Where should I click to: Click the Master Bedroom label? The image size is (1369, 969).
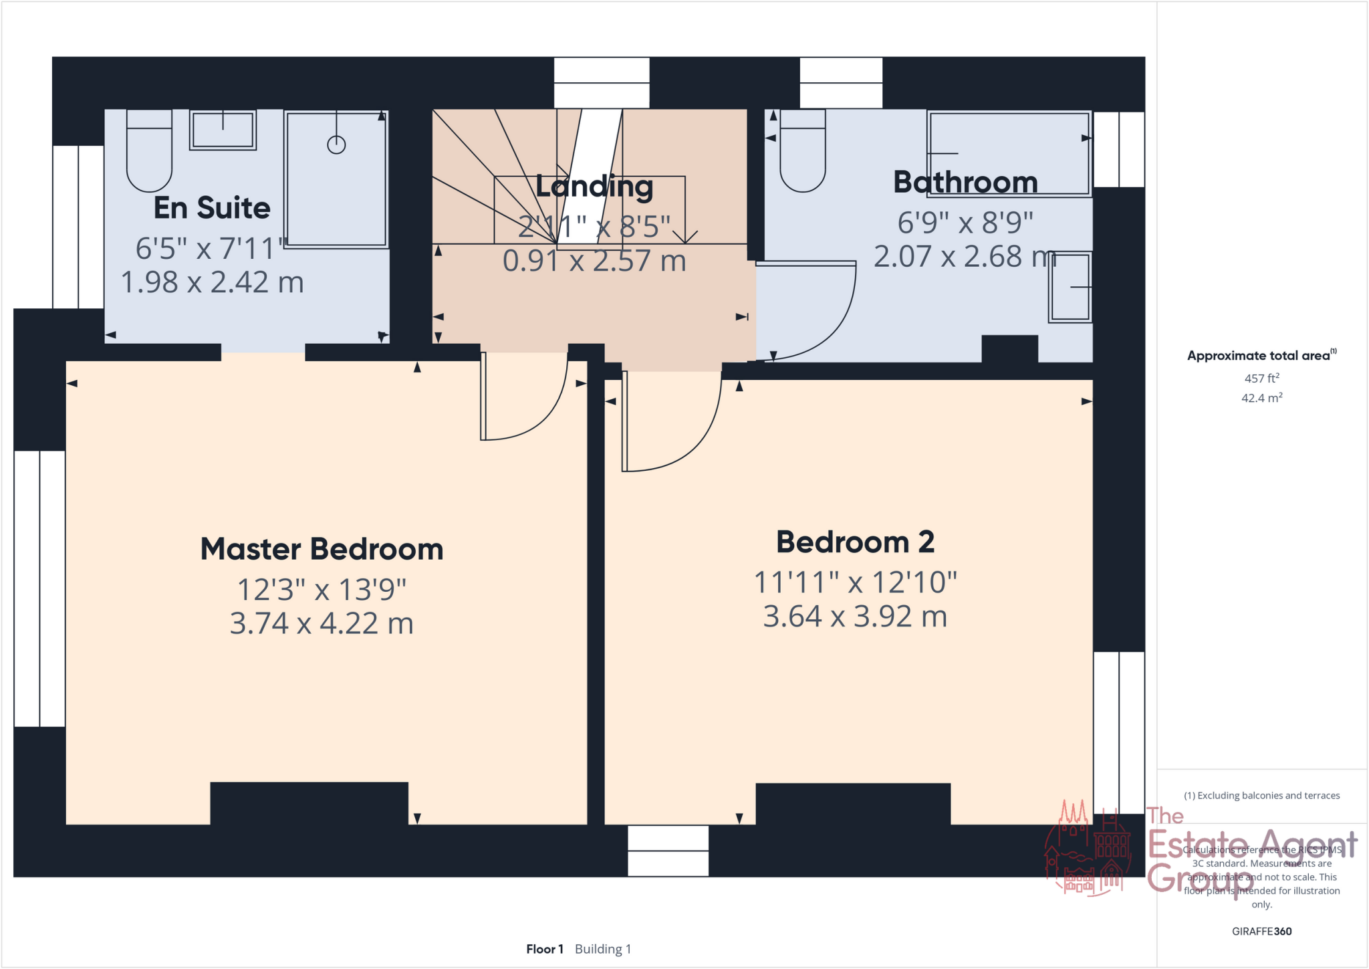click(x=322, y=550)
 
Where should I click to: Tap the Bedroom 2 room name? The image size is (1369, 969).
click(x=855, y=542)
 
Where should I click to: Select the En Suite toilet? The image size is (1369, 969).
click(x=149, y=152)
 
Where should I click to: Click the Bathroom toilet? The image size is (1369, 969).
click(x=802, y=152)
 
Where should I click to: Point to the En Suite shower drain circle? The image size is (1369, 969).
click(x=336, y=144)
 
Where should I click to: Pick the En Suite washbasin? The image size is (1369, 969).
click(x=223, y=130)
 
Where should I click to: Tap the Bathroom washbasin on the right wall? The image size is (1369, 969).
click(x=1070, y=287)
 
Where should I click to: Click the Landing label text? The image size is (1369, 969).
click(x=594, y=187)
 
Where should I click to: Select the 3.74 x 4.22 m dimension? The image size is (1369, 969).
click(x=322, y=624)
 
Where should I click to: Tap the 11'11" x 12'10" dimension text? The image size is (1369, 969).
click(x=855, y=582)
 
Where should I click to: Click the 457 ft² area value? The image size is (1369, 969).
click(x=1261, y=379)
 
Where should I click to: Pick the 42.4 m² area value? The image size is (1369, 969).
click(x=1261, y=399)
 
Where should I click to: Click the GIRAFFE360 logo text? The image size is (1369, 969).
click(x=1261, y=932)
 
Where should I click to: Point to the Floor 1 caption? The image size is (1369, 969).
click(x=545, y=950)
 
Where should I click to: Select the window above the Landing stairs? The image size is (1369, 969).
click(x=602, y=83)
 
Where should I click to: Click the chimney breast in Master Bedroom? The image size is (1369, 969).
click(x=309, y=802)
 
